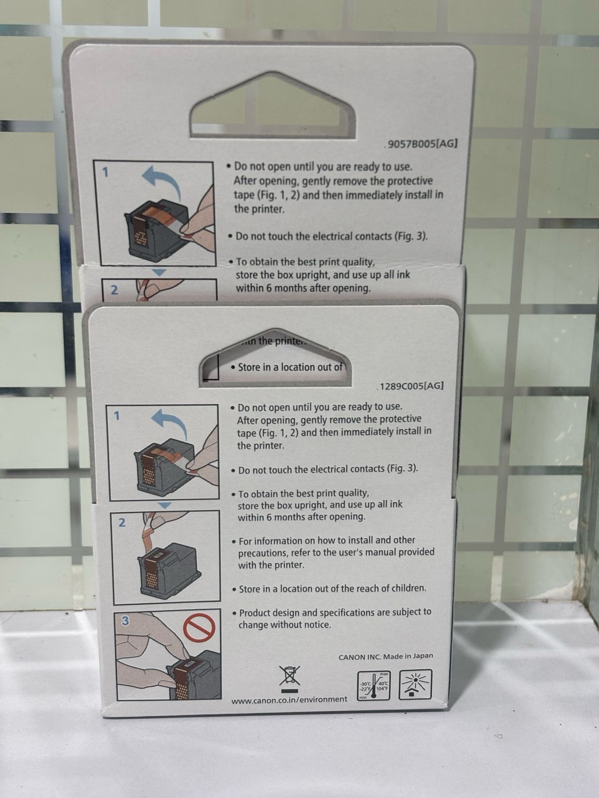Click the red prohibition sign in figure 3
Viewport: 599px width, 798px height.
[x=199, y=627]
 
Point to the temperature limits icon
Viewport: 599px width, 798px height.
[x=374, y=686]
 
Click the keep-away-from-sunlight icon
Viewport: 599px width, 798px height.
[x=415, y=684]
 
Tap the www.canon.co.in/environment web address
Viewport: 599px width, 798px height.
[x=289, y=699]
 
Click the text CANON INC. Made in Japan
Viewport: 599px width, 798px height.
[x=385, y=656]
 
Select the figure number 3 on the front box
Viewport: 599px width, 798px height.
[x=125, y=621]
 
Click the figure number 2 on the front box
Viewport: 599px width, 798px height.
[x=122, y=523]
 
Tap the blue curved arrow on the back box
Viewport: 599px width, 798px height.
[x=162, y=182]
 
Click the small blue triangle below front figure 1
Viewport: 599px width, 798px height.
[x=165, y=505]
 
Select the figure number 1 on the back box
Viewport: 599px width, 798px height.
[x=105, y=172]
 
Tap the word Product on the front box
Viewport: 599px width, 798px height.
[x=255, y=613]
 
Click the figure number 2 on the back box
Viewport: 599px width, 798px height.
[x=114, y=290]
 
